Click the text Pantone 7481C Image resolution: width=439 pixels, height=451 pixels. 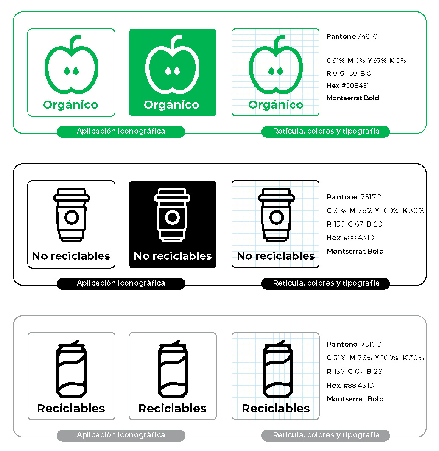(352, 36)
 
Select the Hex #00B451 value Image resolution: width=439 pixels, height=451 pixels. (347, 86)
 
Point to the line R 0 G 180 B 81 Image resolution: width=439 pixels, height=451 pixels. (350, 73)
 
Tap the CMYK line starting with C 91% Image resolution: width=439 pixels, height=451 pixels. (366, 61)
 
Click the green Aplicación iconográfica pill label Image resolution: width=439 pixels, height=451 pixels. (121, 132)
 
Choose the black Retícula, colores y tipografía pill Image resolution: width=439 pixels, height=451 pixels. (326, 283)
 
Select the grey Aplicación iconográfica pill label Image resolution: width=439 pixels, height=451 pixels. (121, 435)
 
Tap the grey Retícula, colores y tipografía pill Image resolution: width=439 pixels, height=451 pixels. (326, 435)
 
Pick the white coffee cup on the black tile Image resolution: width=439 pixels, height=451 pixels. (172, 215)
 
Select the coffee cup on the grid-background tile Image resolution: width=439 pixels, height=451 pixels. (276, 215)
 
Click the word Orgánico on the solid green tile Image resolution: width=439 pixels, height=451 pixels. (172, 105)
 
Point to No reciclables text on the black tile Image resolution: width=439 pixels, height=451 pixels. (173, 256)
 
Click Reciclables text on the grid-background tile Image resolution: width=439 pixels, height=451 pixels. (276, 409)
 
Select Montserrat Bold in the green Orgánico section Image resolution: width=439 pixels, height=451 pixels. (352, 98)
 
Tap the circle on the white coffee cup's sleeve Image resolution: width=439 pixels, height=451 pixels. (172, 218)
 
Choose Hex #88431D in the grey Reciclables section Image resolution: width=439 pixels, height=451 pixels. (350, 386)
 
